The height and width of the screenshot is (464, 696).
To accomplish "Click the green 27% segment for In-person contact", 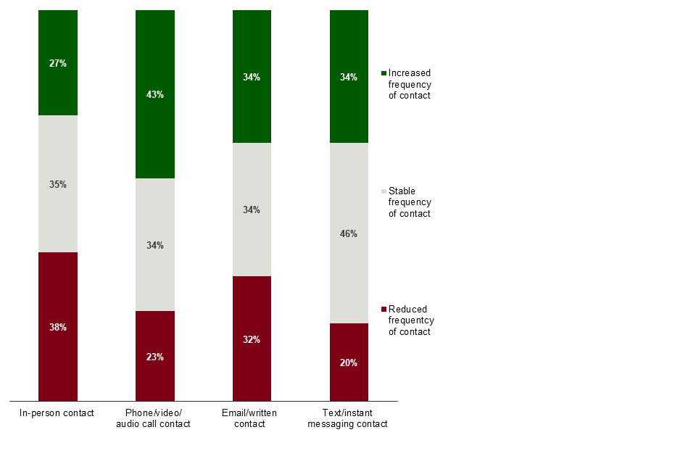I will [x=58, y=63].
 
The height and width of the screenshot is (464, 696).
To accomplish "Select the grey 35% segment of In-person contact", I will [x=58, y=184].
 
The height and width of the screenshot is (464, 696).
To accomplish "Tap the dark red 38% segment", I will [x=58, y=326].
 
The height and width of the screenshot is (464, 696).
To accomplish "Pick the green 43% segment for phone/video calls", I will [x=155, y=94].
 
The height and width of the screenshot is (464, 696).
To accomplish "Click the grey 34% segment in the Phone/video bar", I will [x=155, y=245].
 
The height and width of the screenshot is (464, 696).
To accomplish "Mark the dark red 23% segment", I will [x=155, y=356].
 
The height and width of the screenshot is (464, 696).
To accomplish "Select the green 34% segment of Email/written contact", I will [x=252, y=77].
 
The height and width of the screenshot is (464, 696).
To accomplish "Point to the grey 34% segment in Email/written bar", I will [x=252, y=210].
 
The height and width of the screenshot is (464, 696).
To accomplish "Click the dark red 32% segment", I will [x=252, y=339].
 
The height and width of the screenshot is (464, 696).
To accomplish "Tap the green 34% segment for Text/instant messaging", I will [x=349, y=77].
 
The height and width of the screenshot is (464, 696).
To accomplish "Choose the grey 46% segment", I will [x=349, y=233].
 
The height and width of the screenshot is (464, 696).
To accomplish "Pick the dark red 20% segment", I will [x=349, y=362].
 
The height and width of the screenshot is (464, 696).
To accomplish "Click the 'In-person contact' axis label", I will [x=58, y=413].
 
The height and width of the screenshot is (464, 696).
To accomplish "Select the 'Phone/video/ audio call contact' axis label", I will [x=154, y=418].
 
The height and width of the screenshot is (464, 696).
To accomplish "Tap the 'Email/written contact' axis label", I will [x=251, y=418].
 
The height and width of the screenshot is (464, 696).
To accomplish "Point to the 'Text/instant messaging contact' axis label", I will [x=348, y=418].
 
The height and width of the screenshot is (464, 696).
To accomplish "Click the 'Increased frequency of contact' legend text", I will [x=410, y=84].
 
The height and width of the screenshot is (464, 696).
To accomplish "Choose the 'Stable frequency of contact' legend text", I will [x=410, y=202].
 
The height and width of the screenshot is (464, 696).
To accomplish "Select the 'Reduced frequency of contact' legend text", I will [x=411, y=320].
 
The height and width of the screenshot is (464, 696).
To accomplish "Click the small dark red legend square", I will [x=384, y=310].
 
